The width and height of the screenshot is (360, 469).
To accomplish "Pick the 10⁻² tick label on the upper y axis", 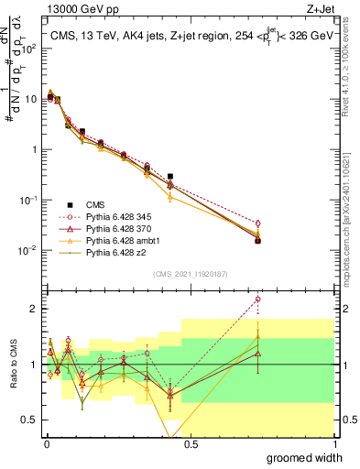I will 29,250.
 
